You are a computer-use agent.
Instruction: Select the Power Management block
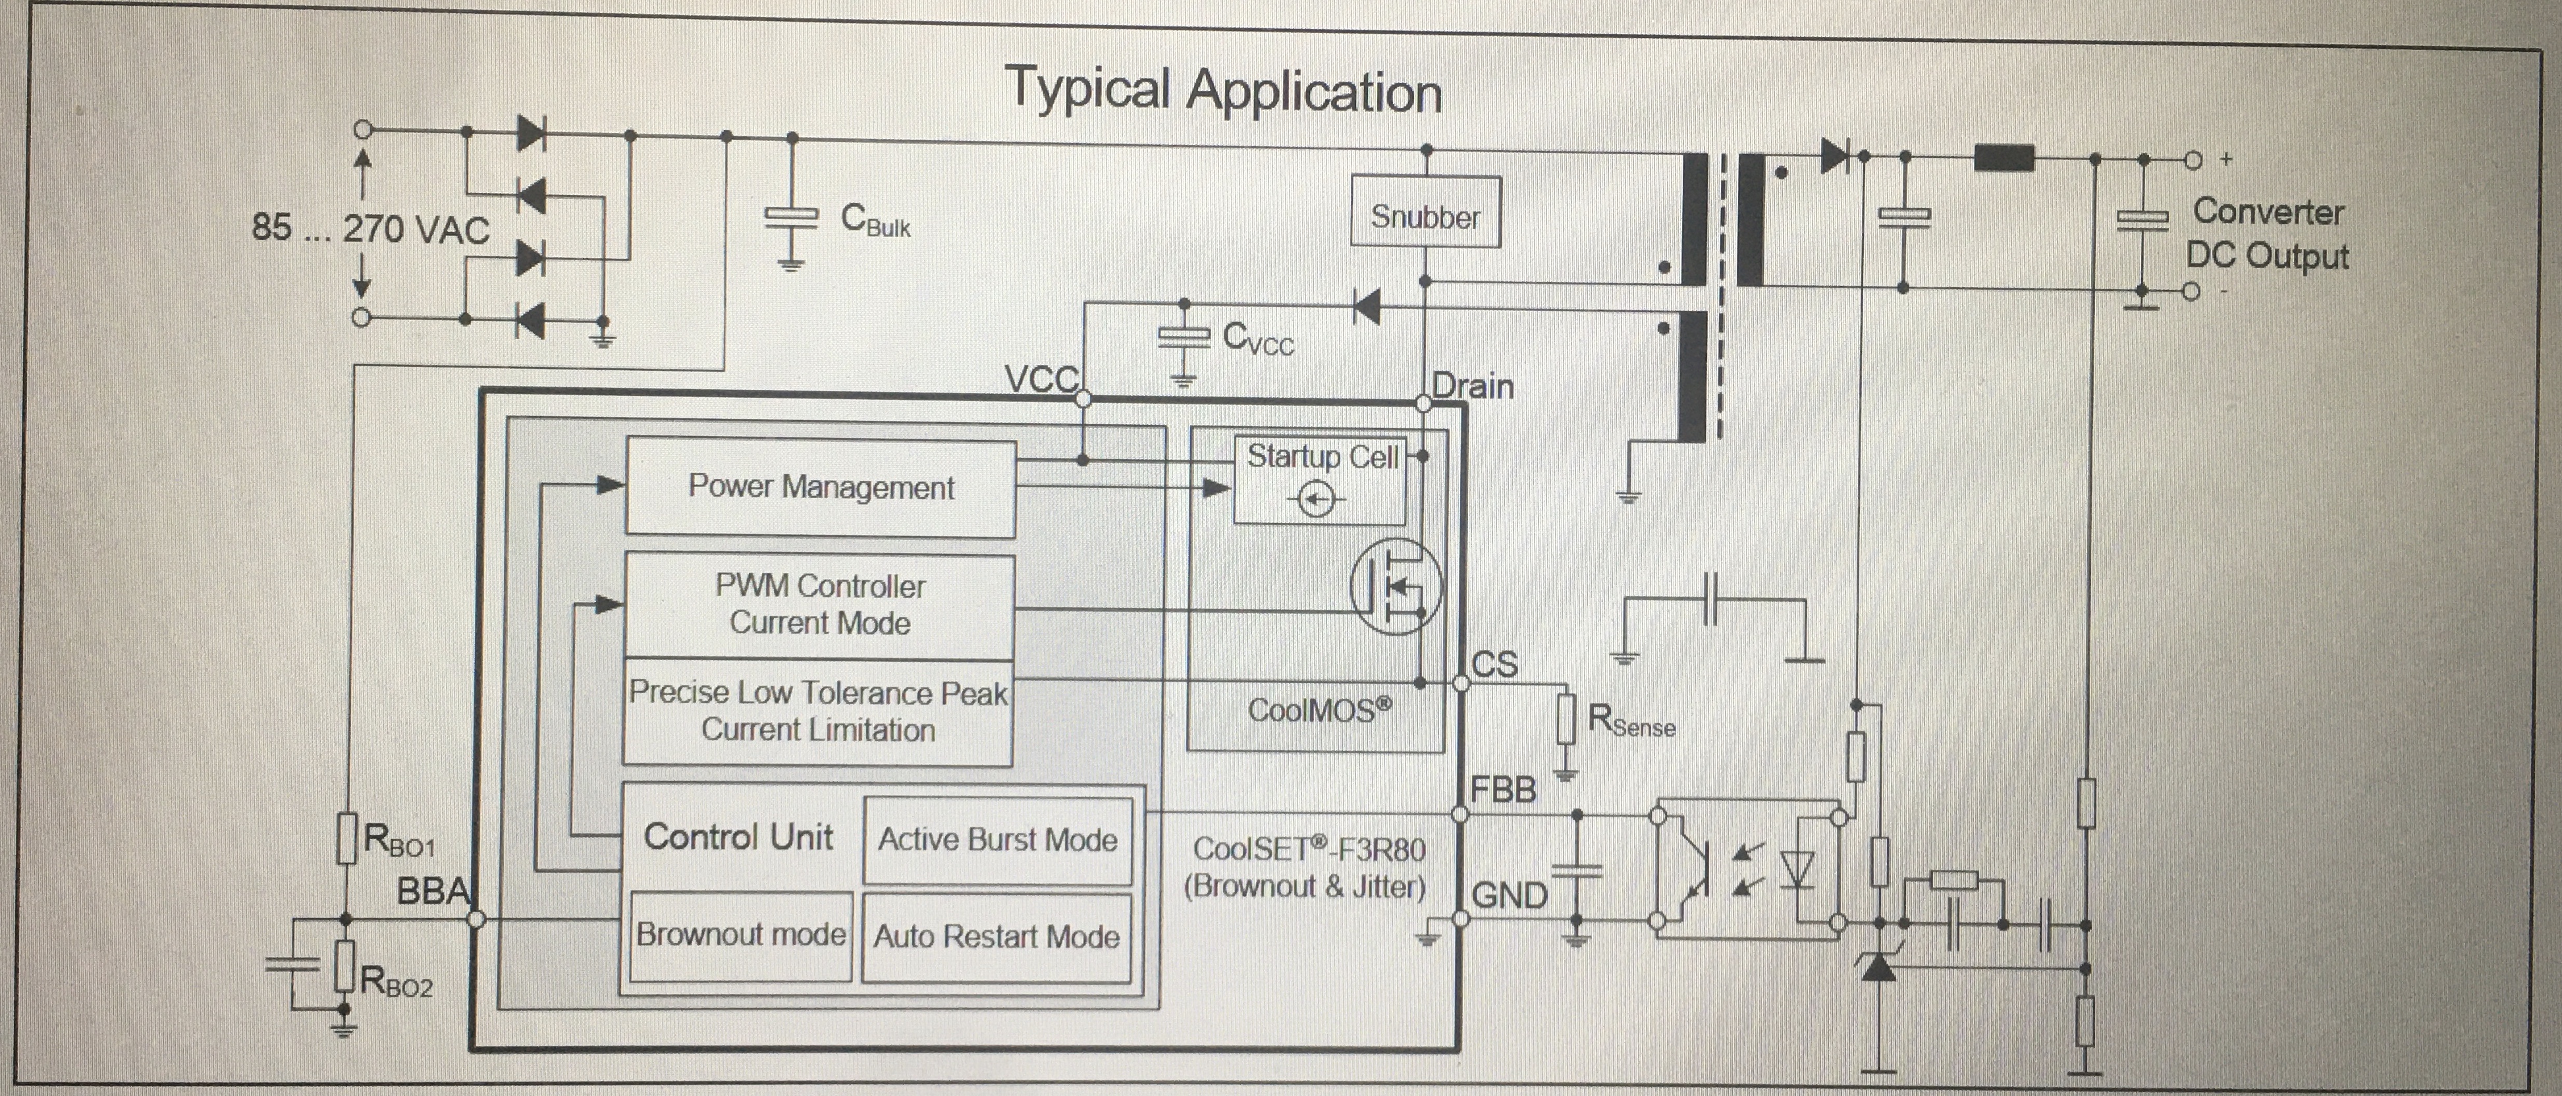pyautogui.click(x=821, y=488)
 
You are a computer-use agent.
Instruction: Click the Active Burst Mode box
pyautogui.click(x=998, y=840)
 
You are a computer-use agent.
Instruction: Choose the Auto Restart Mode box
pyautogui.click(x=996, y=937)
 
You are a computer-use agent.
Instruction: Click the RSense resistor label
pyautogui.click(x=1632, y=721)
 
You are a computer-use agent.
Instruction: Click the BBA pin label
pyautogui.click(x=433, y=891)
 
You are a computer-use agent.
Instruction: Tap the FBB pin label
pyautogui.click(x=1504, y=790)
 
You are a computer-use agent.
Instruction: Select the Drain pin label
pyautogui.click(x=1473, y=386)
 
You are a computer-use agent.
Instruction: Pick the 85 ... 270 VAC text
pyautogui.click(x=370, y=228)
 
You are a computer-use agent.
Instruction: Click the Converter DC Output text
pyautogui.click(x=2268, y=234)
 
